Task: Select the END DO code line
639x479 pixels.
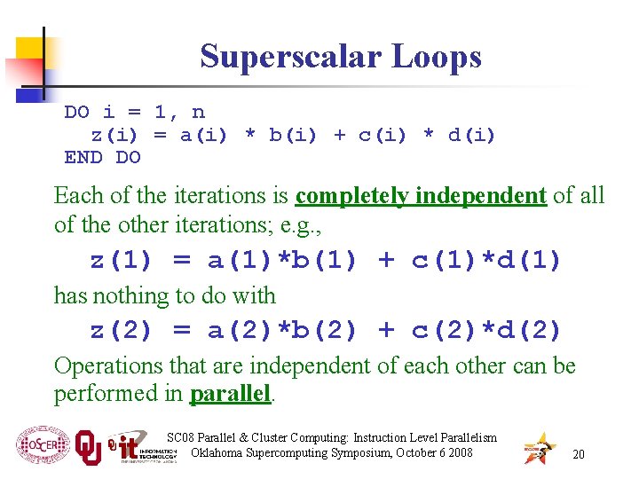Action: click(x=102, y=158)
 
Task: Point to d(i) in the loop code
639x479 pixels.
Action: click(x=471, y=135)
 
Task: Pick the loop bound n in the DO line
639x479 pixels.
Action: click(x=198, y=112)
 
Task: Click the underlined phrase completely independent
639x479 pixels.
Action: click(x=421, y=195)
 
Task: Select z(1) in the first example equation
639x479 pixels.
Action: click(x=122, y=261)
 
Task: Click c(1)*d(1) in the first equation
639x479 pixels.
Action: click(x=486, y=261)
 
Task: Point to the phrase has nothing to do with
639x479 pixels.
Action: click(x=165, y=295)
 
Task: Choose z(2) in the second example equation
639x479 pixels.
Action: click(x=122, y=331)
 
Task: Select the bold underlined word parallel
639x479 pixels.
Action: click(x=231, y=394)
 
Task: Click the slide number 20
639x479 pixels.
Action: click(x=578, y=454)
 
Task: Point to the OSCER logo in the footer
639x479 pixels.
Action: click(x=41, y=446)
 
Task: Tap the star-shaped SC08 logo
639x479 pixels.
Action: click(x=539, y=449)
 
